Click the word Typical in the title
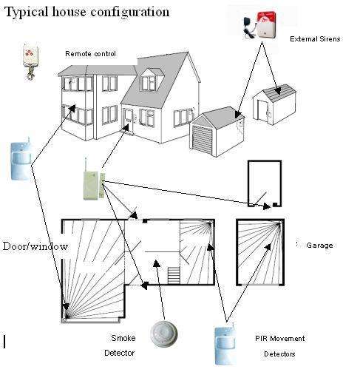pyautogui.click(x=26, y=12)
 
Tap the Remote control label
pyautogui.click(x=90, y=54)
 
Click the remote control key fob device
pyautogui.click(x=30, y=61)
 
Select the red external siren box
pyautogui.click(x=266, y=24)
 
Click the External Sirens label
pyautogui.click(x=315, y=39)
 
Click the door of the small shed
pyautogui.click(x=262, y=110)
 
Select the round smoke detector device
pyautogui.click(x=163, y=334)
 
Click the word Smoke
pyautogui.click(x=123, y=338)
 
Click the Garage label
pyautogui.click(x=319, y=246)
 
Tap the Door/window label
pyautogui.click(x=35, y=246)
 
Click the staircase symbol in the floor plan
pyautogui.click(x=174, y=275)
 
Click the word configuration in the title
pyautogui.click(x=130, y=13)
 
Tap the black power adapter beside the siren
pyautogui.click(x=249, y=27)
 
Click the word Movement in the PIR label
pyautogui.click(x=288, y=339)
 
